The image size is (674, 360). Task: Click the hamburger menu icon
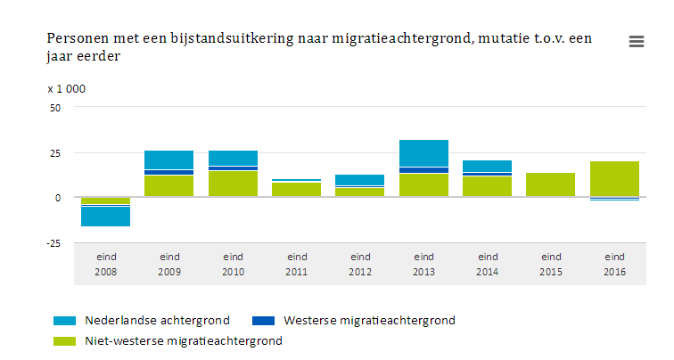click(637, 41)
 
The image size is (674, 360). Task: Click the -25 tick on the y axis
click(54, 243)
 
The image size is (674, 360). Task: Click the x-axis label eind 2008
click(106, 264)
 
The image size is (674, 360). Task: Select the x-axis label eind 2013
click(424, 264)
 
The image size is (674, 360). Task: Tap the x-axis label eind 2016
click(615, 264)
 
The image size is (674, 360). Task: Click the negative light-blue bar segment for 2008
click(106, 217)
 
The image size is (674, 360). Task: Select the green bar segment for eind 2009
click(169, 186)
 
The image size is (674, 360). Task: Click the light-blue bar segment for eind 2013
click(424, 153)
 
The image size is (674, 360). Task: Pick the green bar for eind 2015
click(551, 184)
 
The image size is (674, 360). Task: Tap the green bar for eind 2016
click(615, 179)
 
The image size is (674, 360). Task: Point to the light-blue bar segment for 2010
click(234, 158)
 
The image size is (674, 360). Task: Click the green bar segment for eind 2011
click(297, 189)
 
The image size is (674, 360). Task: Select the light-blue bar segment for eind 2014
click(488, 166)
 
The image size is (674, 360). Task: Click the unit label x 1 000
click(67, 88)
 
